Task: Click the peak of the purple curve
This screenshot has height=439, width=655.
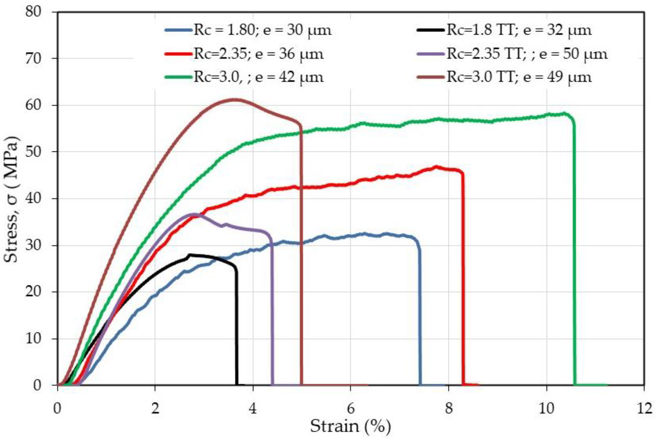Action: [x=195, y=214]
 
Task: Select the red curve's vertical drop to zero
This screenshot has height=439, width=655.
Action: [x=463, y=280]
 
